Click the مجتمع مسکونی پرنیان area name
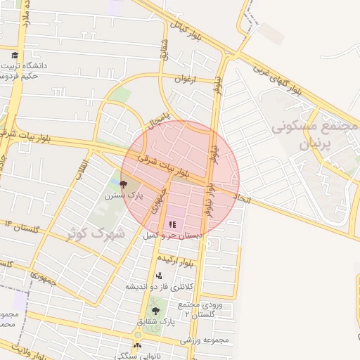[314, 136]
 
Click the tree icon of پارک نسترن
[124, 185]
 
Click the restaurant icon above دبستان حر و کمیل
[172, 224]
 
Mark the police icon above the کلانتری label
[159, 276]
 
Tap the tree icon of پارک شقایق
[155, 310]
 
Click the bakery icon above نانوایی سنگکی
[138, 346]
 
